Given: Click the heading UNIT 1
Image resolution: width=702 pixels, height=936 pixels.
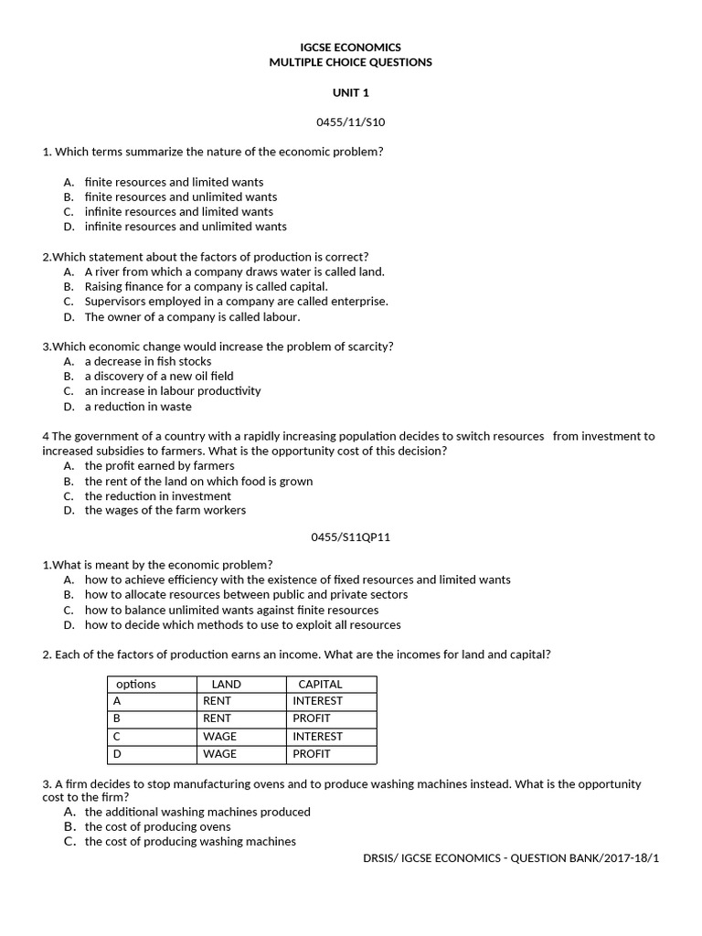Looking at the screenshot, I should coord(350,92).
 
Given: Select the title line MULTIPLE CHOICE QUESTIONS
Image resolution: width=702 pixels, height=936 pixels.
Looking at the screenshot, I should coord(350,62).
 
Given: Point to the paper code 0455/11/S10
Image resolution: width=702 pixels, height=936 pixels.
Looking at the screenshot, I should coord(350,122).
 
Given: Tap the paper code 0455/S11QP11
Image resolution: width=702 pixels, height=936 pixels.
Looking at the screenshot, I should coord(351,537).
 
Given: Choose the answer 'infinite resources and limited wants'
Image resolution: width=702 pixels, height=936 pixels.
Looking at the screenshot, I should coord(178,211).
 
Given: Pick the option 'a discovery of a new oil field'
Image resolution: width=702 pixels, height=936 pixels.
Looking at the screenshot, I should coord(159,376).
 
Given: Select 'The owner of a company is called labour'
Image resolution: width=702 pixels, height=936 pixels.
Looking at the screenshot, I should coord(192,317).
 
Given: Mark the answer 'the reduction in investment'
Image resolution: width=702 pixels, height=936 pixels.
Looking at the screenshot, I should coord(158,495).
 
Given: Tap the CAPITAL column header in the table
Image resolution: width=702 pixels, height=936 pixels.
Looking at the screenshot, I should coord(320,684).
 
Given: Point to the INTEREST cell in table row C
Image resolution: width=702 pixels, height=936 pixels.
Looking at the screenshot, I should coord(317,736).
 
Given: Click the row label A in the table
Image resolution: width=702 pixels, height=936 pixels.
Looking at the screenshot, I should coord(116,701).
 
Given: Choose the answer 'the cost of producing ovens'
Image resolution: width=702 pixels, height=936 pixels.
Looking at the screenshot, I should coord(157,826).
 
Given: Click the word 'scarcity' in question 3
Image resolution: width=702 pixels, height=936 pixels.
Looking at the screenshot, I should coord(367,346).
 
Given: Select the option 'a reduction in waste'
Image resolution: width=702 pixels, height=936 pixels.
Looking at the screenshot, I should coord(138,406).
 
